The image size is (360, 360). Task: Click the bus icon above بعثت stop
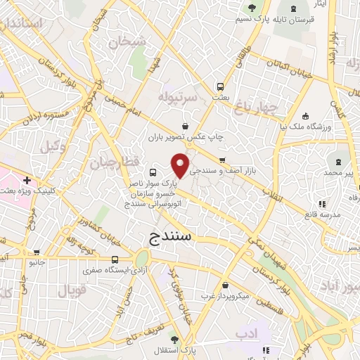click(221, 87)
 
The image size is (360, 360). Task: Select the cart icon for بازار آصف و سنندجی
click(222, 160)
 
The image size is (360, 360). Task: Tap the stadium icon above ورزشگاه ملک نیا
click(304, 116)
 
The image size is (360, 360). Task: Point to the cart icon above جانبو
click(37, 252)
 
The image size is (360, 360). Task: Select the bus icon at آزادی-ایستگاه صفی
click(115, 260)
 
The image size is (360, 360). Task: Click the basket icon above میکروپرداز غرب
click(225, 285)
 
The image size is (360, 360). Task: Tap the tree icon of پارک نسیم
click(252, 8)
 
